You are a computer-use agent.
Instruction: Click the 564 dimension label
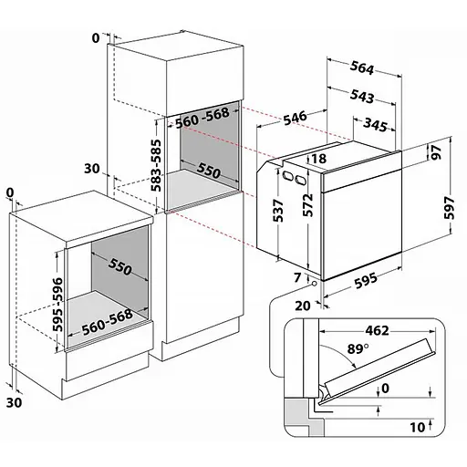[361, 67]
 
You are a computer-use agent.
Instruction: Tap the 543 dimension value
[361, 96]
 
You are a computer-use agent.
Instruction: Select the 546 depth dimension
[295, 119]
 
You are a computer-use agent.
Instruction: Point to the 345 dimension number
[376, 125]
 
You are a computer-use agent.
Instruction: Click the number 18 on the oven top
[319, 159]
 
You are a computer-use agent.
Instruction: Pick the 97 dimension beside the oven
[436, 152]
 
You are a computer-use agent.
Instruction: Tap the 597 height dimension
[449, 208]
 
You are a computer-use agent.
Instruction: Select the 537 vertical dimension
[278, 211]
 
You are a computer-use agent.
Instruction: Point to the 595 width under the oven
[366, 280]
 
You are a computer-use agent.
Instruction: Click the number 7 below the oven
[297, 277]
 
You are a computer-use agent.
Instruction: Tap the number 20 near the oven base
[303, 306]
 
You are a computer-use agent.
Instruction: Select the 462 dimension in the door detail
[377, 330]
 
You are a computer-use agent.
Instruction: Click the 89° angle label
[358, 349]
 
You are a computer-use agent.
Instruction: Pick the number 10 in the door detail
[418, 428]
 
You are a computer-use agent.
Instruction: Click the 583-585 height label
[157, 165]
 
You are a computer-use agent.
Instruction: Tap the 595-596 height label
[57, 304]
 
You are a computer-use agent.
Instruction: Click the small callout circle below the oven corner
[314, 284]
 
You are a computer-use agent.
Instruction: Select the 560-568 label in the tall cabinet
[202, 118]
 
